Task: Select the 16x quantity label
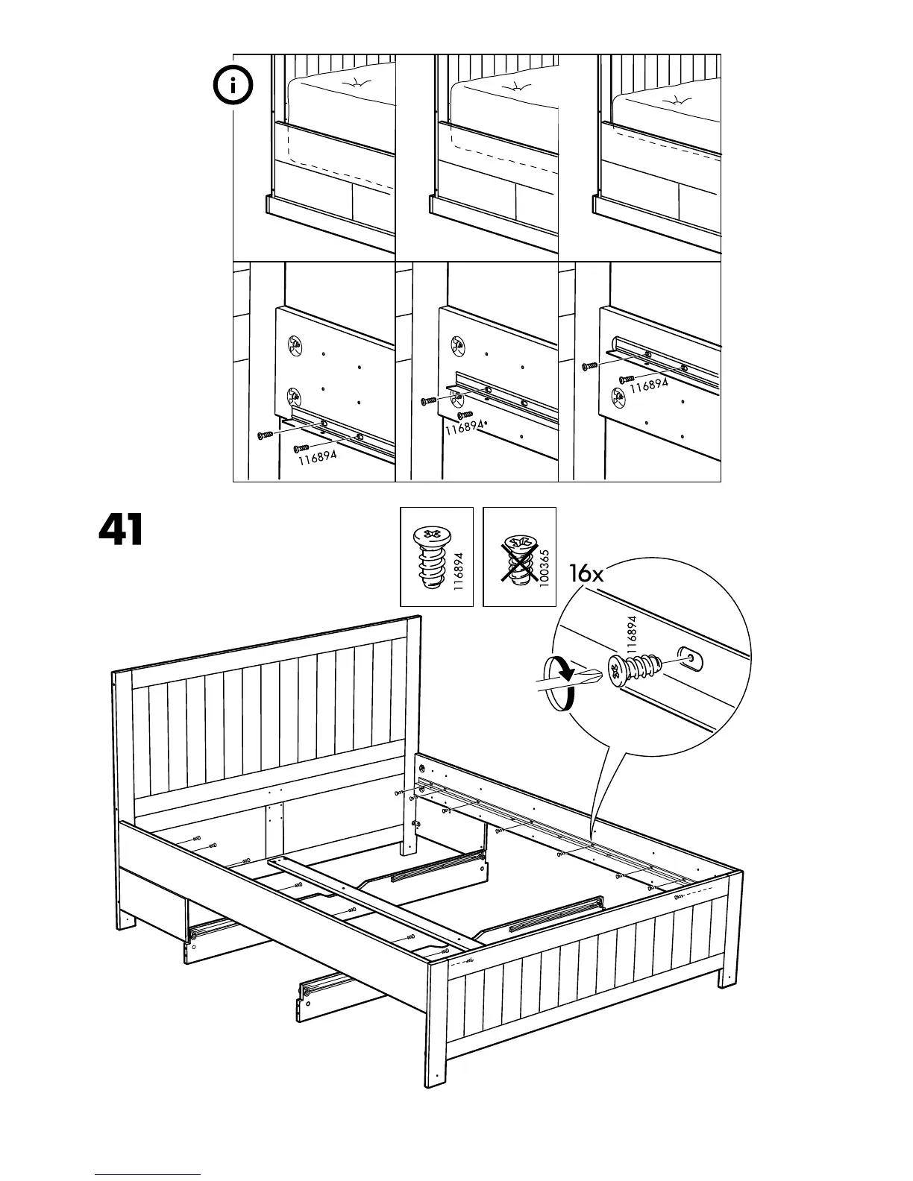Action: point(586,573)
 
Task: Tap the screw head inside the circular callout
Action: point(618,671)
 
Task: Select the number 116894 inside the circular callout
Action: point(633,635)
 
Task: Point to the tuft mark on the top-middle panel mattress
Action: point(518,88)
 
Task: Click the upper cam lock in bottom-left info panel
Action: point(295,345)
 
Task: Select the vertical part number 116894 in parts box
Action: point(459,572)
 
